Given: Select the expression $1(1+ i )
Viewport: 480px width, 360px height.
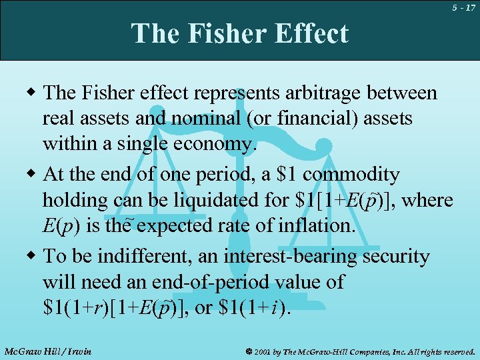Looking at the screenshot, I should point(254,308).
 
